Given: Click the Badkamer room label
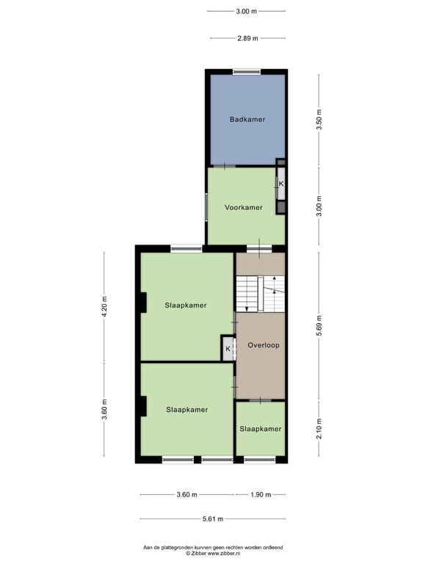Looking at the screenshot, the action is click(247, 120).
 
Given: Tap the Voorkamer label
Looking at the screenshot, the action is click(244, 208).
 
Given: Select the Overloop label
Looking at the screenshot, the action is click(264, 345).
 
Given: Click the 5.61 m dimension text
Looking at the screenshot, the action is click(212, 518).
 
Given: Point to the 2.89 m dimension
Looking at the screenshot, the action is click(247, 38).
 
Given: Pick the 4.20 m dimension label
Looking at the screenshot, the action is click(104, 306).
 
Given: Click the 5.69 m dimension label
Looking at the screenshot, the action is click(319, 325).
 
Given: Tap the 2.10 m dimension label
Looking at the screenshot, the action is click(319, 428).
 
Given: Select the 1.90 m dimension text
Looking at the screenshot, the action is click(261, 494).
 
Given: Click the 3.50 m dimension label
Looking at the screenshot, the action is click(319, 120).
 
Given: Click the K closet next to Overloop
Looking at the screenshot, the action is click(228, 349).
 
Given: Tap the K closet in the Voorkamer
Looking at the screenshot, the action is click(281, 184).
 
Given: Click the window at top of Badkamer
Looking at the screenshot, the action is click(247, 72).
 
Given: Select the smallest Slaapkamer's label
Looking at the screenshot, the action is click(261, 429).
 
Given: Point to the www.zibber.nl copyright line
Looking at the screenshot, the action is click(213, 553).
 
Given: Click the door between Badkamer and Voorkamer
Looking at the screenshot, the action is click(225, 166).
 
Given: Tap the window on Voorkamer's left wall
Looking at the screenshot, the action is click(206, 207).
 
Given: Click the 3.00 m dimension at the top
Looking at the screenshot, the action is click(247, 11).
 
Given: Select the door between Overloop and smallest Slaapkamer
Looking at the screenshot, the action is click(261, 400).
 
